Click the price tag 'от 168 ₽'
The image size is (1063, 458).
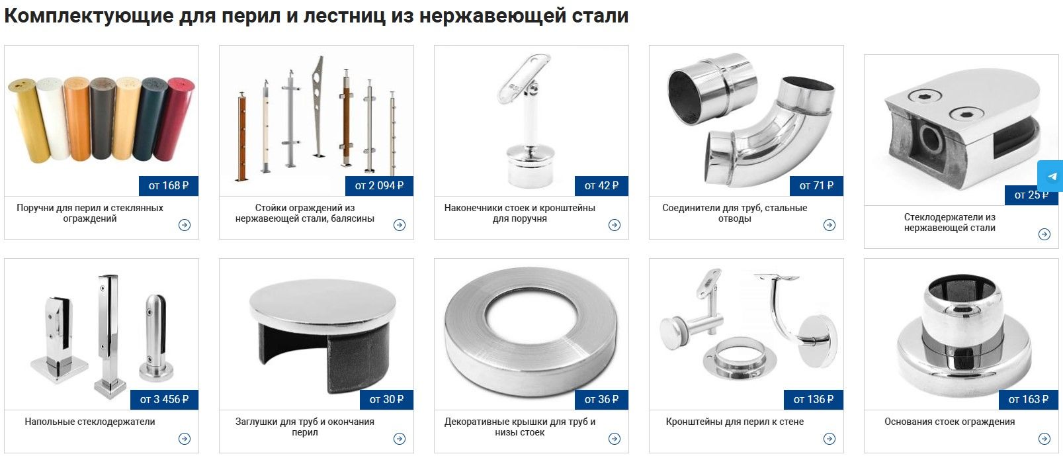click(169, 186)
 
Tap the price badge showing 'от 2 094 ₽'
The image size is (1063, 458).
click(379, 186)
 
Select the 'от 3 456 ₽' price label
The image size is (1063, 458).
click(164, 400)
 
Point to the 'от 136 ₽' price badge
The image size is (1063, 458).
click(813, 400)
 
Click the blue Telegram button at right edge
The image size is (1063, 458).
click(1051, 177)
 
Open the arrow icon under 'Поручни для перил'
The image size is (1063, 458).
click(185, 225)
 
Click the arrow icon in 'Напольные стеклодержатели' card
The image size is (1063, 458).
click(185, 439)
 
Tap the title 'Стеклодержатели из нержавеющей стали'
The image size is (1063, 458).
click(949, 222)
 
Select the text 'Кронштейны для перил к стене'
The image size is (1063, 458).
click(734, 422)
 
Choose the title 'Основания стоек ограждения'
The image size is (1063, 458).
click(949, 422)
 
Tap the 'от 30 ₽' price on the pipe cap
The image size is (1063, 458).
click(387, 400)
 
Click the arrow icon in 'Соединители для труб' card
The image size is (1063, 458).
click(829, 225)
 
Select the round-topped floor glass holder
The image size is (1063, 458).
click(156, 338)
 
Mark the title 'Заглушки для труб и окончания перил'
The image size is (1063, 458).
click(305, 427)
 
